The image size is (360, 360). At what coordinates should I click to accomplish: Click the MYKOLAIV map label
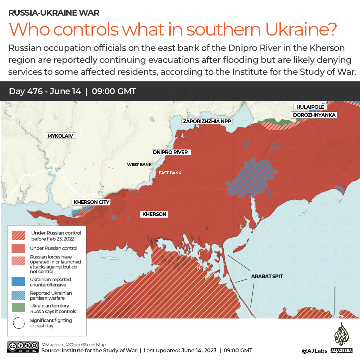[60, 136]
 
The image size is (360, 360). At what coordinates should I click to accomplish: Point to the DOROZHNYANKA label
[314, 115]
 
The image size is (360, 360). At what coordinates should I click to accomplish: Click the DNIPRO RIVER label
[170, 152]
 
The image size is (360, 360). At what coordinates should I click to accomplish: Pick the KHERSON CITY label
[91, 202]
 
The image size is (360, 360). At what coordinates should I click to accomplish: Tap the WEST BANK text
[139, 165]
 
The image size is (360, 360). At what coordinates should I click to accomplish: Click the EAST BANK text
[170, 173]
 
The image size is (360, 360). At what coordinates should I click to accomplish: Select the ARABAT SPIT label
[267, 276]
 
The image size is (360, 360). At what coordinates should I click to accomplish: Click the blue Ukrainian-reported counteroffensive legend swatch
[18, 281]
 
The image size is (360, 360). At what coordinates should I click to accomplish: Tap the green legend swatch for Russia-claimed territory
[18, 308]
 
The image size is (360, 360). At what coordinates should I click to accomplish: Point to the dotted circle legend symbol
[19, 323]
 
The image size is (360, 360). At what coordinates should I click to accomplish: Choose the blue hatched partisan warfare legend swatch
[18, 295]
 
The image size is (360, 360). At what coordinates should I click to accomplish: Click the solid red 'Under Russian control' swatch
[18, 248]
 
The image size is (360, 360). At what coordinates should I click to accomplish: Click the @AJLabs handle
[314, 351]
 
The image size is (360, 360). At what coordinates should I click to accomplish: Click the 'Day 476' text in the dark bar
[26, 91]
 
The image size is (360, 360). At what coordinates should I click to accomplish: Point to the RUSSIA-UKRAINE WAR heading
[54, 13]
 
